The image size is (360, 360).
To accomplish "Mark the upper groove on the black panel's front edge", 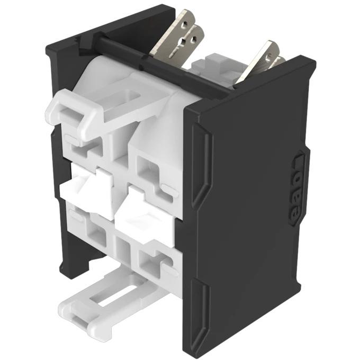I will [198, 164].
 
